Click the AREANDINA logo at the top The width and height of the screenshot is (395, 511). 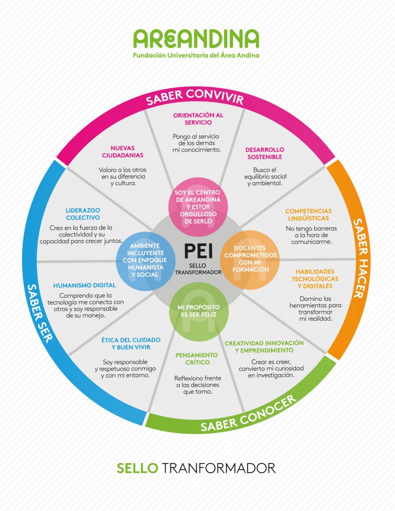pyautogui.click(x=196, y=39)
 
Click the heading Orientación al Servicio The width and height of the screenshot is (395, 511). pyautogui.click(x=198, y=118)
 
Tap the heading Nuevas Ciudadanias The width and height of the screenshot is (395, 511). pyautogui.click(x=123, y=151)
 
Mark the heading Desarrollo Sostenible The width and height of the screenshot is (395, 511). pyautogui.click(x=264, y=153)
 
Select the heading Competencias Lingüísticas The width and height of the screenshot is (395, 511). pyautogui.click(x=308, y=215)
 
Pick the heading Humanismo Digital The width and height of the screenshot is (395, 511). pyautogui.click(x=84, y=285)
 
